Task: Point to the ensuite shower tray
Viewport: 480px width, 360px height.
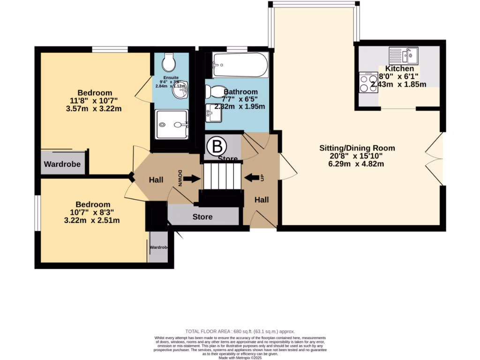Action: (172, 124)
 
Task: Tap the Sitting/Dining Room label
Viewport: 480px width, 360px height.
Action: (357, 148)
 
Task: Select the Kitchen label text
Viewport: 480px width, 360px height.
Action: (399, 69)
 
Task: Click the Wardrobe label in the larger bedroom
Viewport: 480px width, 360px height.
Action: (62, 165)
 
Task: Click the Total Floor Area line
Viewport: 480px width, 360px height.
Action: (240, 331)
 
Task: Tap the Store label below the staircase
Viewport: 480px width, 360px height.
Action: (202, 217)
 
